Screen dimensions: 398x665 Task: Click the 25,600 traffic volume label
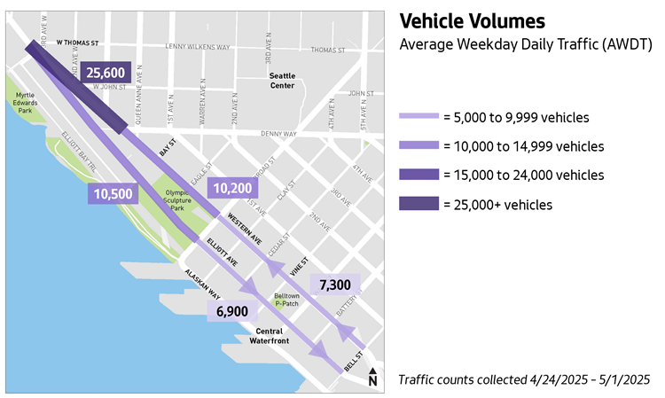[x=108, y=73]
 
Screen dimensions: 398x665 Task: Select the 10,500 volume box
[x=111, y=194]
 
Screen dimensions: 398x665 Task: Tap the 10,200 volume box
[x=232, y=188]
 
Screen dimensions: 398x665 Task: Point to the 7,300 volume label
[x=336, y=285]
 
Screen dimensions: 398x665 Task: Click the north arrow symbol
[x=372, y=378]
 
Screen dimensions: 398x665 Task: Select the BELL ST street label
[x=354, y=363]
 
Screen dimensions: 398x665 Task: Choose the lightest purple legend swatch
[x=419, y=115]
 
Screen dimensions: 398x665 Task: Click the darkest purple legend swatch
[x=419, y=203]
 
